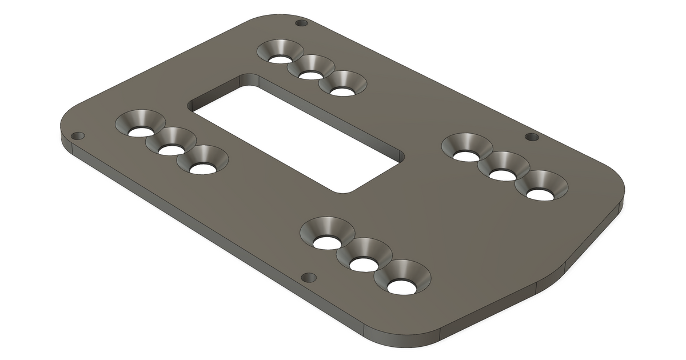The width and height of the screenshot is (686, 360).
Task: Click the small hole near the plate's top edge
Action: click(301, 23)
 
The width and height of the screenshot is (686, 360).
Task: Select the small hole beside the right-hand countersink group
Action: click(532, 137)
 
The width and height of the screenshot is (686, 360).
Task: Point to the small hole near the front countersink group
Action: click(309, 278)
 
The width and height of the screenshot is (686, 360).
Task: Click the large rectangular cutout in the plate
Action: click(297, 137)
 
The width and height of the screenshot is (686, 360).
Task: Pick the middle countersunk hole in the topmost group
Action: click(310, 74)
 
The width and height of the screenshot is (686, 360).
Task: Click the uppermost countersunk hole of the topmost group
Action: click(280, 58)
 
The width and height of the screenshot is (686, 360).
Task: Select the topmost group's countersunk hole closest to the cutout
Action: click(342, 91)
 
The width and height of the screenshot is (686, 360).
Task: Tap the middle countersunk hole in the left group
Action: click(170, 150)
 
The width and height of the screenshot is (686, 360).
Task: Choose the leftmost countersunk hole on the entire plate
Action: click(139, 131)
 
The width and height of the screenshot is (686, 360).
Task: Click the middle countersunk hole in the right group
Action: click(502, 174)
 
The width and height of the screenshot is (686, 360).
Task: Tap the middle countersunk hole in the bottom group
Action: click(363, 264)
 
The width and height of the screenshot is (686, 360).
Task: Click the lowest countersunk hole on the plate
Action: click(401, 286)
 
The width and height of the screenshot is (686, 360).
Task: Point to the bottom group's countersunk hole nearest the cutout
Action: click(326, 242)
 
